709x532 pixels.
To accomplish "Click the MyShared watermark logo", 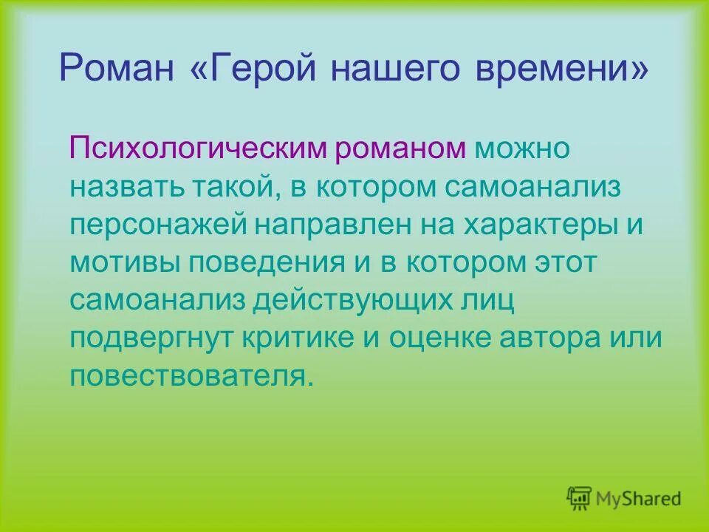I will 624,497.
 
